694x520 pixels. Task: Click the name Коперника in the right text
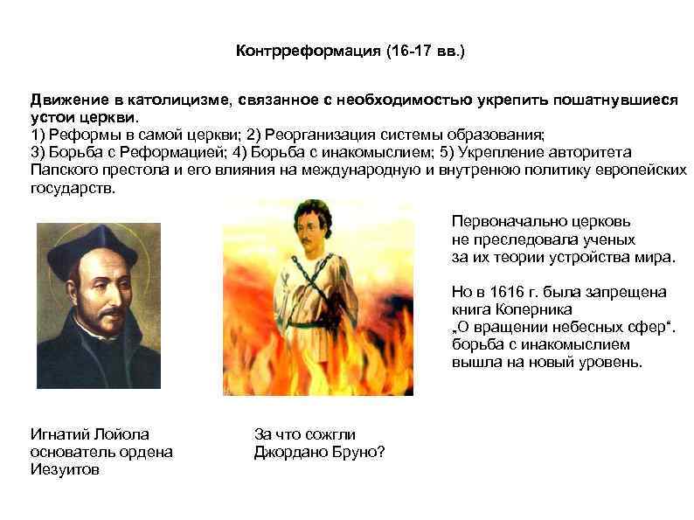click(x=530, y=309)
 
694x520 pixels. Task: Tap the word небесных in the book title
click(x=573, y=326)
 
